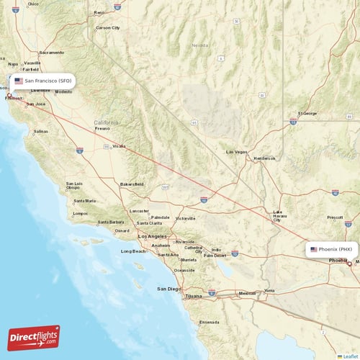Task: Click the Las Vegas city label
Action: click(236, 152)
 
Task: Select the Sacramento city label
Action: click(51, 53)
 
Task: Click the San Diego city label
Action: click(169, 289)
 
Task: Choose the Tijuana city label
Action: click(194, 296)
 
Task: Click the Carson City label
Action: click(108, 27)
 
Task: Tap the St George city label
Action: click(307, 113)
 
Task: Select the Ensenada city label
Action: click(210, 322)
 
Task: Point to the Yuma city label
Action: click(269, 290)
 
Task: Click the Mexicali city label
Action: click(247, 293)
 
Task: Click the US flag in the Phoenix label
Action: click(314, 249)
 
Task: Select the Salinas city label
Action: click(41, 132)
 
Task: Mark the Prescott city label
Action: click(336, 217)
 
